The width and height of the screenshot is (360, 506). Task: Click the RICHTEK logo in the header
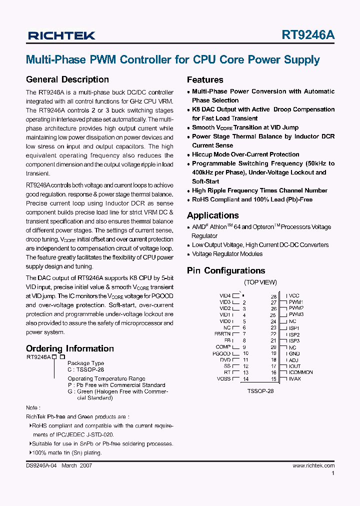pos(61,35)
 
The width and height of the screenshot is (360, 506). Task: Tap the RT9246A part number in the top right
pos(308,35)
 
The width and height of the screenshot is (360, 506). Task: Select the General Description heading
pos(67,79)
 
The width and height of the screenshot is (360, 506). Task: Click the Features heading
pos(205,80)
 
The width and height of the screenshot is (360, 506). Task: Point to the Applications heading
pos(212,215)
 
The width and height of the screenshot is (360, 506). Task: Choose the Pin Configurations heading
pos(226,270)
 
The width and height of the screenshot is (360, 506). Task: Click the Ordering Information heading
pos(69,348)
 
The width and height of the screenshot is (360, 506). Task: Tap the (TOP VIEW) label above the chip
pos(260,282)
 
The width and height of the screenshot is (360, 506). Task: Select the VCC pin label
pos(294,296)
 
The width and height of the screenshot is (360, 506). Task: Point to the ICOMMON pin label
pos(301,372)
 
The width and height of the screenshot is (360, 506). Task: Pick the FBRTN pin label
pos(222,334)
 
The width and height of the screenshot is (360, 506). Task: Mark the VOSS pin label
pos(223,379)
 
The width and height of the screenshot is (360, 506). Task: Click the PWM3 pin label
pos(296,314)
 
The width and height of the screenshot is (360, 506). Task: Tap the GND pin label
pos(294,353)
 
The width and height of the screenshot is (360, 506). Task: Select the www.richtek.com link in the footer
pos(313,465)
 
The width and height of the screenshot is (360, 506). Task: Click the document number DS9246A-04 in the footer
pos(42,465)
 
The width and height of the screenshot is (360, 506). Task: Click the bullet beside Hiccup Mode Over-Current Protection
pos(189,155)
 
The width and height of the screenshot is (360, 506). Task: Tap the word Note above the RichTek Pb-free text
pos(32,408)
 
